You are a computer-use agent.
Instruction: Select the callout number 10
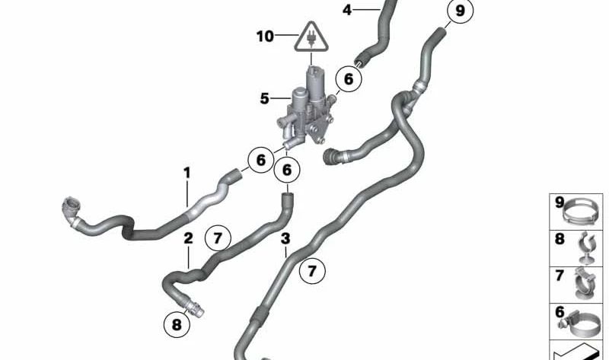(x=265, y=37)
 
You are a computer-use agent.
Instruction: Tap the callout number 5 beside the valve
(x=264, y=99)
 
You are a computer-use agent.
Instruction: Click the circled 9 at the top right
(x=460, y=11)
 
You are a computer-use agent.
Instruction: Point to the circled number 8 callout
(x=177, y=324)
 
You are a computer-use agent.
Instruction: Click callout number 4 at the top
(x=347, y=10)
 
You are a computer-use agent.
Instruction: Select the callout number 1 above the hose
(x=187, y=173)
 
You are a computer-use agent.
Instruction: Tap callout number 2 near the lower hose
(x=188, y=238)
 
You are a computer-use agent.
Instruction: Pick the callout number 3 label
(x=285, y=239)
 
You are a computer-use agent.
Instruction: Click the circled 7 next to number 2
(x=218, y=238)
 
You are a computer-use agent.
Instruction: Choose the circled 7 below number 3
(x=312, y=271)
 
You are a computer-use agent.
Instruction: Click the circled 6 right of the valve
(x=349, y=79)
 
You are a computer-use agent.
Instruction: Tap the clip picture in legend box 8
(x=585, y=248)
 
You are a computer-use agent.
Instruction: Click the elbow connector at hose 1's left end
(x=72, y=211)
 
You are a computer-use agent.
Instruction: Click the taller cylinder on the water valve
(x=315, y=84)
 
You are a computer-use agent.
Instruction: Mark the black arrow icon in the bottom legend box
(x=576, y=352)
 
